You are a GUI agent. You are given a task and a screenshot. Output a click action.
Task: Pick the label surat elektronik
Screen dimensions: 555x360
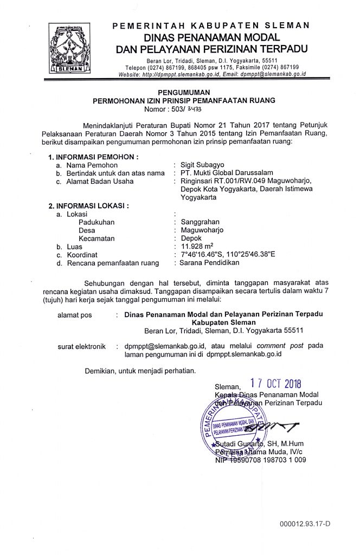point(81,346)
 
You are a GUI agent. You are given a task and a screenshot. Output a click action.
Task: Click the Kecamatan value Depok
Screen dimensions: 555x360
point(191,238)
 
